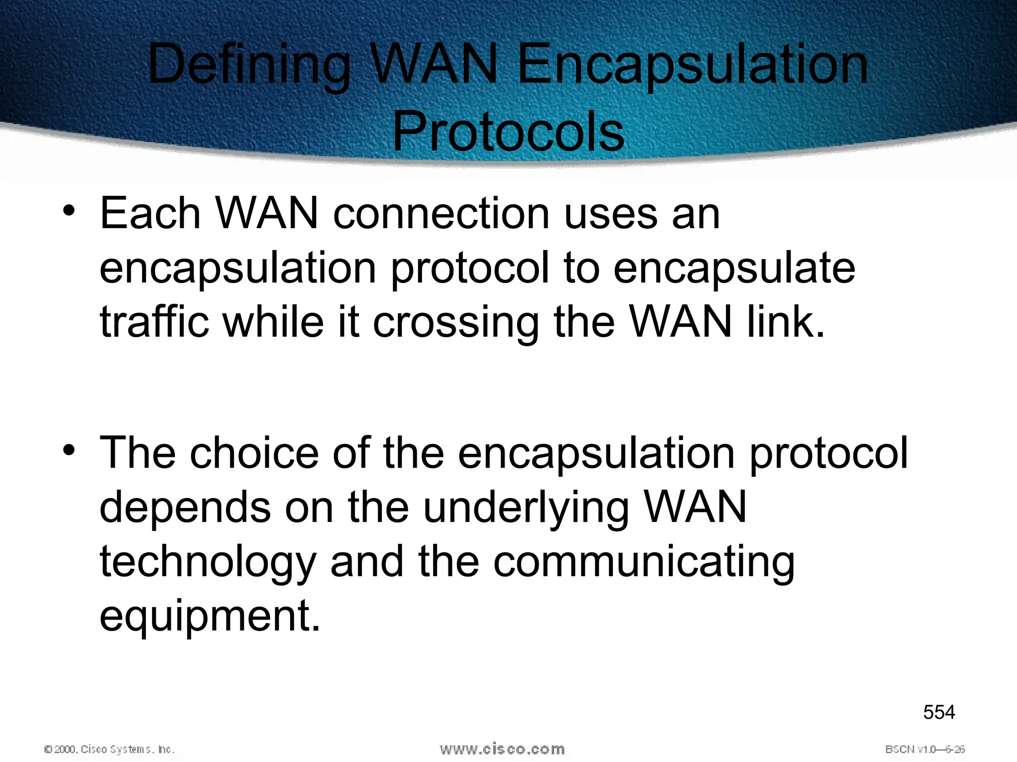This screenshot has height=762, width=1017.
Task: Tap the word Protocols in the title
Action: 508,132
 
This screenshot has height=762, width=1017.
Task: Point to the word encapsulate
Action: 734,268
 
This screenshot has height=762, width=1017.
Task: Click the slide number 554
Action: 939,712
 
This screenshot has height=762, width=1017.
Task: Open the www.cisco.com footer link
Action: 502,749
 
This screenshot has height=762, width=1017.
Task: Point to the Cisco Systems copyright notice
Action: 109,749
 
